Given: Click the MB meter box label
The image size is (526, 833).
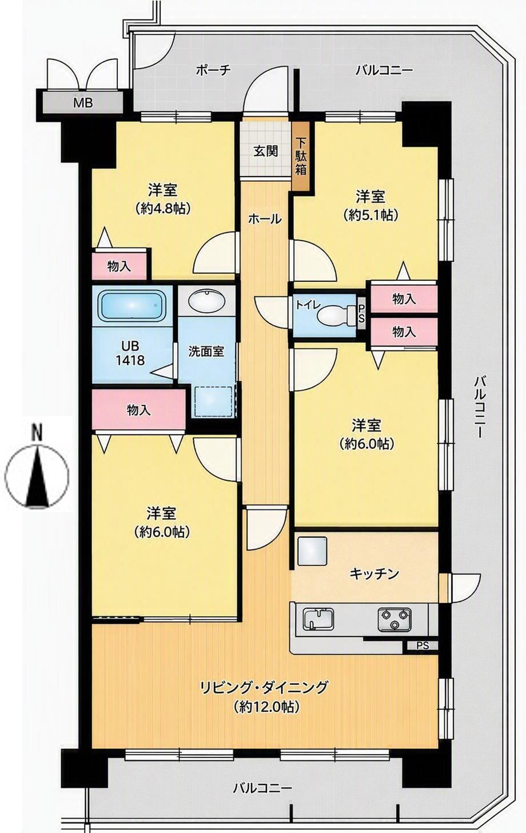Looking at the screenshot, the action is [82, 102].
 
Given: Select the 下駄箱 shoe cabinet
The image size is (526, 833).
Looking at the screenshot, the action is [301, 157].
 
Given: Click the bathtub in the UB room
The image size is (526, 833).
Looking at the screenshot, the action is [131, 305].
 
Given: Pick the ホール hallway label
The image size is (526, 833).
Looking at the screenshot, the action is [265, 219].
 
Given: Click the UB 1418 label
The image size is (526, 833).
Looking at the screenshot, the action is [130, 353].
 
